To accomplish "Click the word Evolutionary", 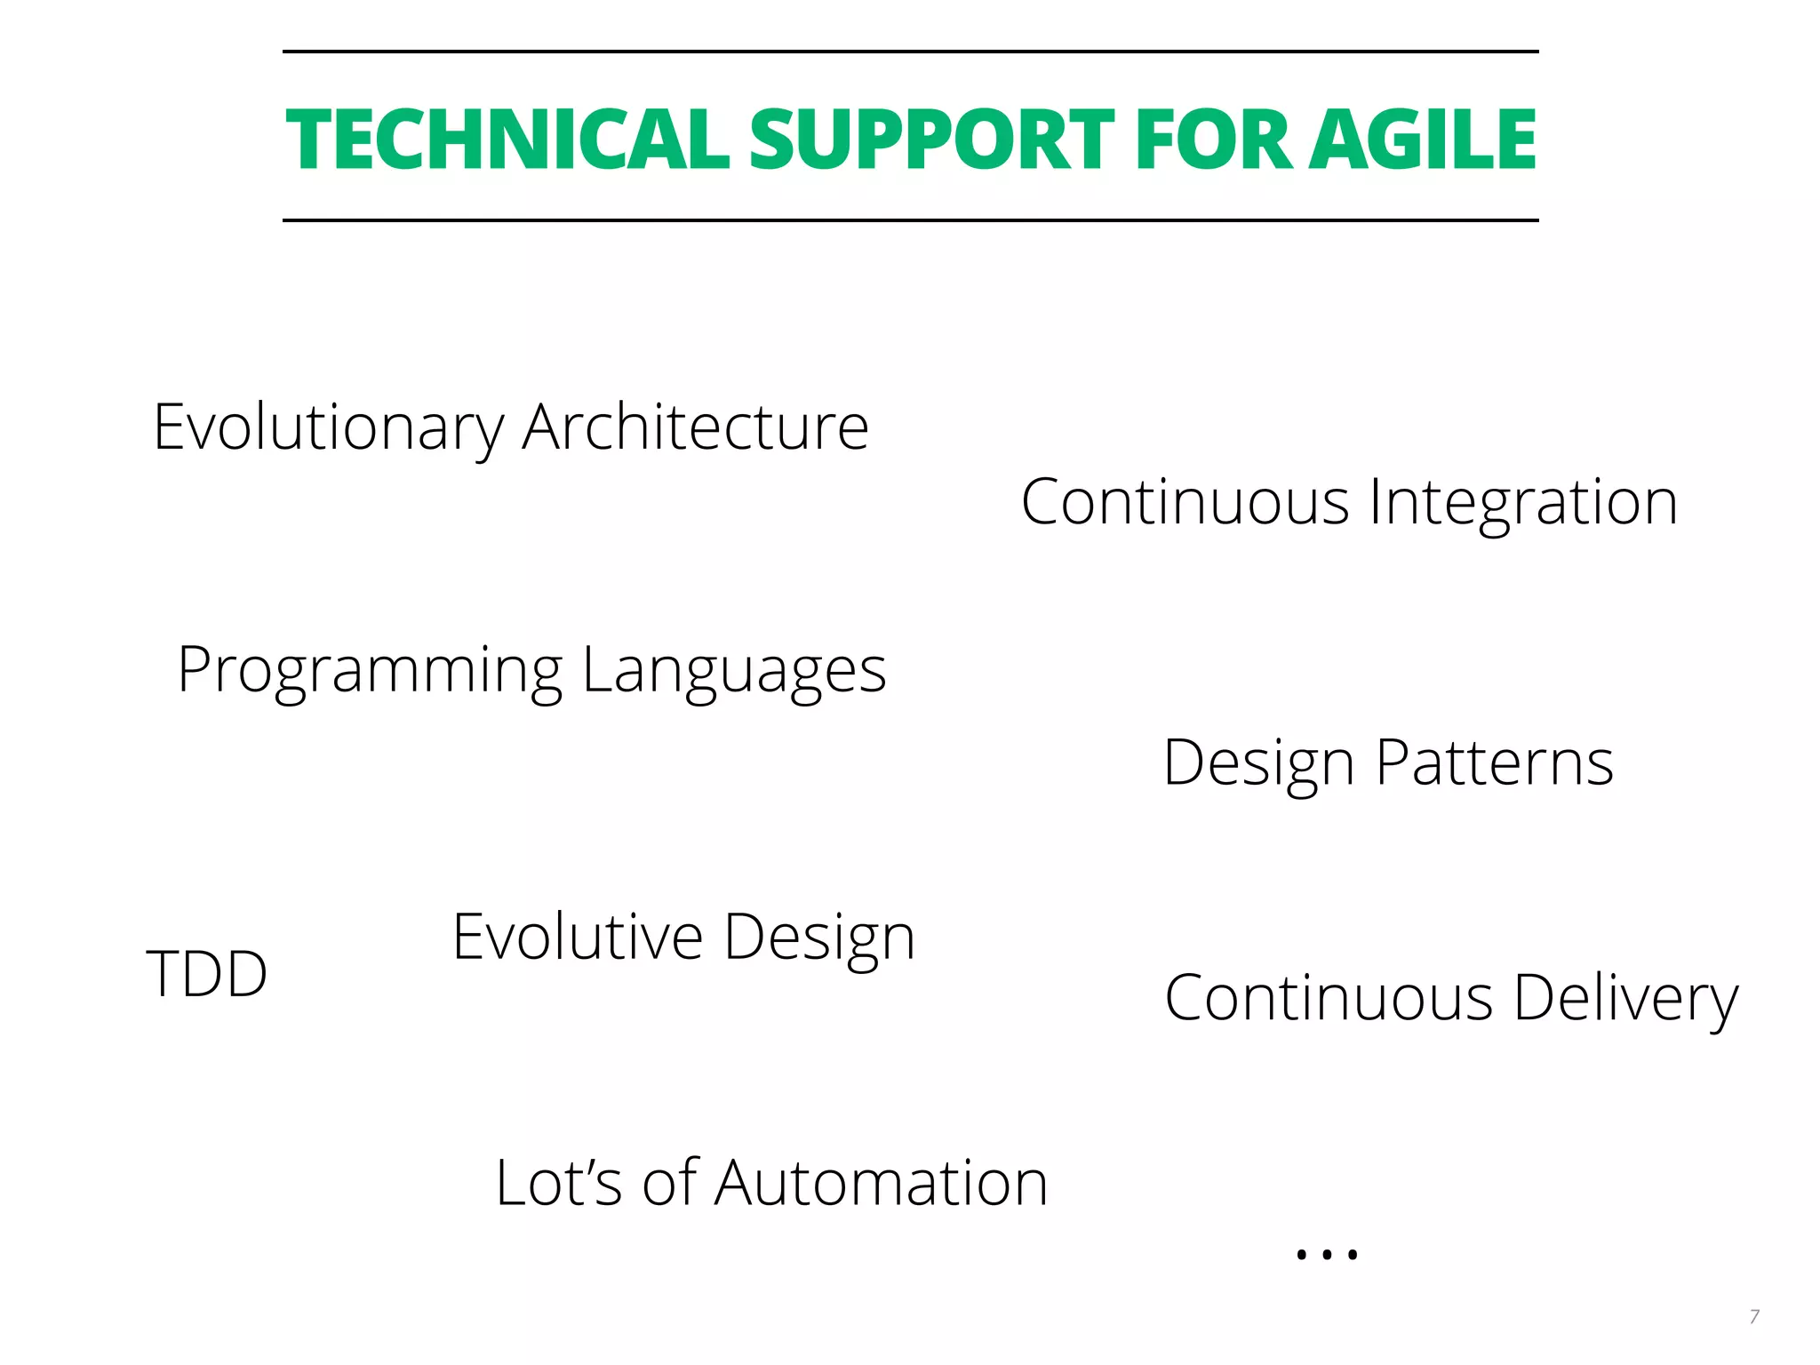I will pyautogui.click(x=328, y=428).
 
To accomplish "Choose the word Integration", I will pyautogui.click(x=1523, y=503).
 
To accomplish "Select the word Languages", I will pyautogui.click(x=734, y=671).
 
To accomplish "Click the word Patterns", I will pyautogui.click(x=1495, y=762).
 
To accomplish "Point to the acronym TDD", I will pyautogui.click(x=206, y=974).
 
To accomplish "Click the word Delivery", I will pyautogui.click(x=1625, y=999).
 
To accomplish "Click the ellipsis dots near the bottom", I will pyautogui.click(x=1327, y=1254).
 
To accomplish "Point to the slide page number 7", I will pyautogui.click(x=1754, y=1316).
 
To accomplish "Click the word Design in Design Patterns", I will pyautogui.click(x=1258, y=763).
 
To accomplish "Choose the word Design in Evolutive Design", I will pyautogui.click(x=818, y=938).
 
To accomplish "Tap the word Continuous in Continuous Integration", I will pyautogui.click(x=1185, y=503).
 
